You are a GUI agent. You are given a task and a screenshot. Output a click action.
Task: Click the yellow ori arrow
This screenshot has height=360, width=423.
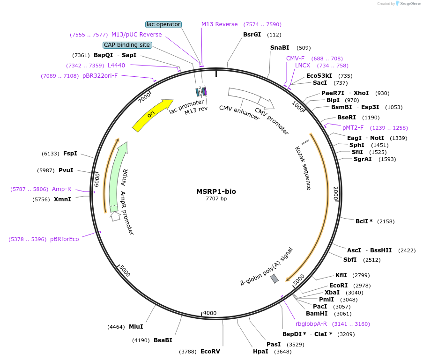pyautogui.click(x=152, y=115)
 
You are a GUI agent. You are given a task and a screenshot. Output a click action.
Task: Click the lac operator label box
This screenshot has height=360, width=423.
pyautogui.click(x=163, y=24)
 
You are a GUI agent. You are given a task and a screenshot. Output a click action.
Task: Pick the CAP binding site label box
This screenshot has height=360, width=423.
pyautogui.click(x=127, y=45)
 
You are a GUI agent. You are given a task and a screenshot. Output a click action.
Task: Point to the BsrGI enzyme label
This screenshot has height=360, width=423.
pyautogui.click(x=252, y=35)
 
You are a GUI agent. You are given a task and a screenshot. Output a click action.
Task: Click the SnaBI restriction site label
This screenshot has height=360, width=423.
pyautogui.click(x=280, y=48)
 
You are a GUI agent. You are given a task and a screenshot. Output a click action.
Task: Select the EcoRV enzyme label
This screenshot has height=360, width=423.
pyautogui.click(x=210, y=351)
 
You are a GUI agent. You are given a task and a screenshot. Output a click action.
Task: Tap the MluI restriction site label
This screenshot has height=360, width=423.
pyautogui.click(x=136, y=327)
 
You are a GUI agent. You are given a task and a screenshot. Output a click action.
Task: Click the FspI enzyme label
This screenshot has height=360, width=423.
pyautogui.click(x=70, y=154)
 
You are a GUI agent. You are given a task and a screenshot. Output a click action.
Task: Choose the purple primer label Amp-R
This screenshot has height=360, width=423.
pyautogui.click(x=61, y=189)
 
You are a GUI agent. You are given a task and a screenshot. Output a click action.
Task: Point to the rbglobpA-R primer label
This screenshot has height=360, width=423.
pyautogui.click(x=311, y=324)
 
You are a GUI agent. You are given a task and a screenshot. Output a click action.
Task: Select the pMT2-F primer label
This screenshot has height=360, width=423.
pyautogui.click(x=353, y=128)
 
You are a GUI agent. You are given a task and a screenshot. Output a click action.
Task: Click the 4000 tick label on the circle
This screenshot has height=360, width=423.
pyautogui.click(x=210, y=313)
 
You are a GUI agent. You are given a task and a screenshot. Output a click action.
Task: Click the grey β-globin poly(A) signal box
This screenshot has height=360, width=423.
pyautogui.click(x=275, y=279)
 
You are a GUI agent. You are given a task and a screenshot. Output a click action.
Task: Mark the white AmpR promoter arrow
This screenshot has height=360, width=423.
pyautogui.click(x=115, y=216)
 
